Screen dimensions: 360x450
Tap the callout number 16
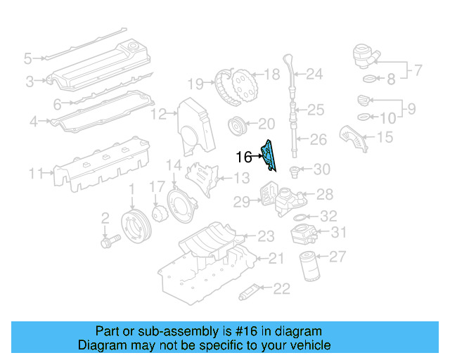pos(244,157)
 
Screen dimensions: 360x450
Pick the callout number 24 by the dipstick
pos(314,73)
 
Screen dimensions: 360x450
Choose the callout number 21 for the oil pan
pos(276,259)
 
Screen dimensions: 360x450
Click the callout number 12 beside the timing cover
pos(160,113)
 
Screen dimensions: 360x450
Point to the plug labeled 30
pos(296,169)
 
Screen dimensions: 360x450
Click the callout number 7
pos(417,70)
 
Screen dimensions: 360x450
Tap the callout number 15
pos(385,138)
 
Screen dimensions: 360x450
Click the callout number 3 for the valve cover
pos(30,82)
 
